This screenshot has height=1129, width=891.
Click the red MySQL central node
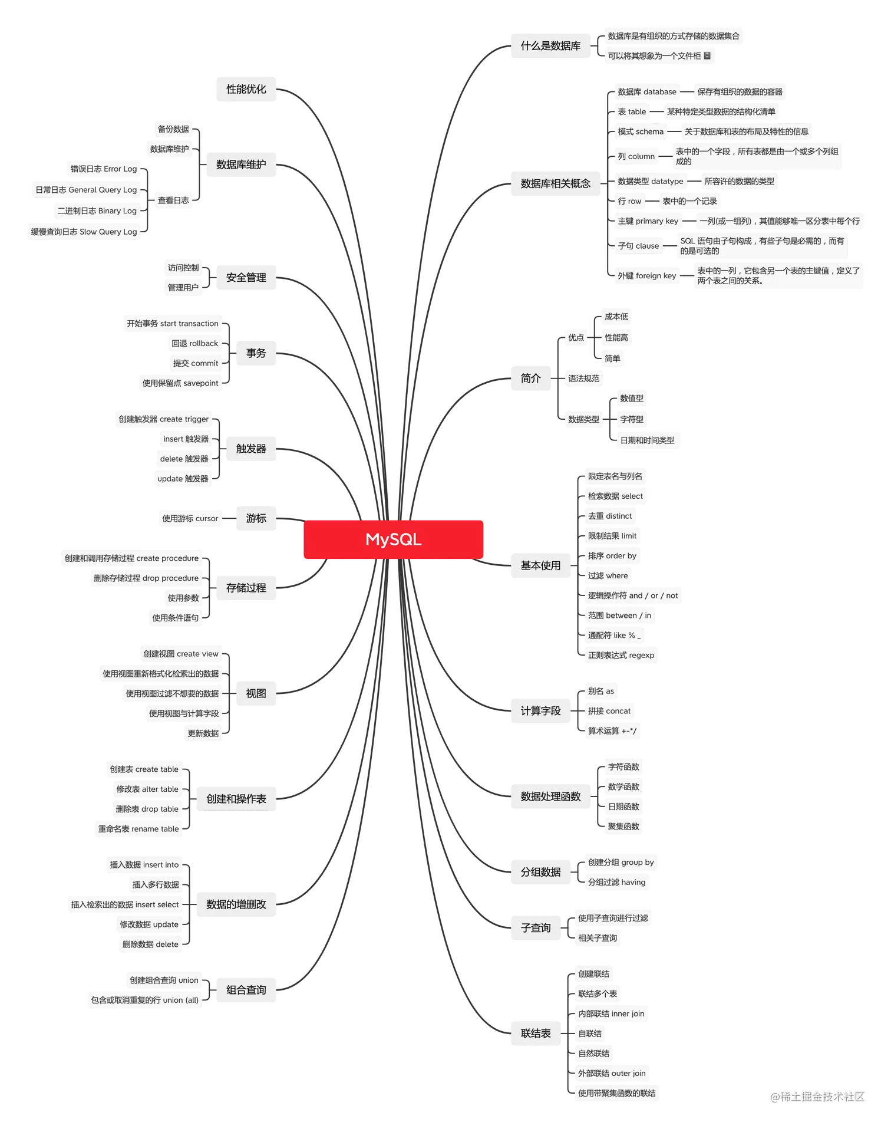(x=393, y=539)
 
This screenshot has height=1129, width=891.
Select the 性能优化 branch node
(x=246, y=90)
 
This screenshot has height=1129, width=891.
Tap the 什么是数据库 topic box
(x=550, y=46)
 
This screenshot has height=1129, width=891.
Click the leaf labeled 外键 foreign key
(x=646, y=276)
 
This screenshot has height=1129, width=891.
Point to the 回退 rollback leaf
(x=194, y=344)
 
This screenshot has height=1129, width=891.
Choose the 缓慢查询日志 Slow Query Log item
(x=84, y=232)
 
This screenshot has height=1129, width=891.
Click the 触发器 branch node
(x=251, y=449)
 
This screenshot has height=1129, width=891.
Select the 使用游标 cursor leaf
(x=190, y=519)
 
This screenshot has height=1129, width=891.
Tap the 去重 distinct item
(x=609, y=516)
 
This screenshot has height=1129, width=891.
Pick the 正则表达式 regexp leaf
(x=621, y=656)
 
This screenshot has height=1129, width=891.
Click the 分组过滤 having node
(x=616, y=883)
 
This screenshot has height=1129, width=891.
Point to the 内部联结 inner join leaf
(x=611, y=1014)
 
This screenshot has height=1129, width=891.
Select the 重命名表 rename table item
(x=138, y=830)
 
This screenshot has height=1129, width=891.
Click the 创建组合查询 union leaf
(x=164, y=980)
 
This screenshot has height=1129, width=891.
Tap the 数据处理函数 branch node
(x=550, y=797)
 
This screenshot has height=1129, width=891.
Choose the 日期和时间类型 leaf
(x=647, y=440)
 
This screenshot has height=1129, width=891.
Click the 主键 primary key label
(x=648, y=222)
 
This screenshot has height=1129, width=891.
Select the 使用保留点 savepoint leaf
(x=180, y=383)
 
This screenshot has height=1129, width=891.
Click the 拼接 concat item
(x=609, y=712)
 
